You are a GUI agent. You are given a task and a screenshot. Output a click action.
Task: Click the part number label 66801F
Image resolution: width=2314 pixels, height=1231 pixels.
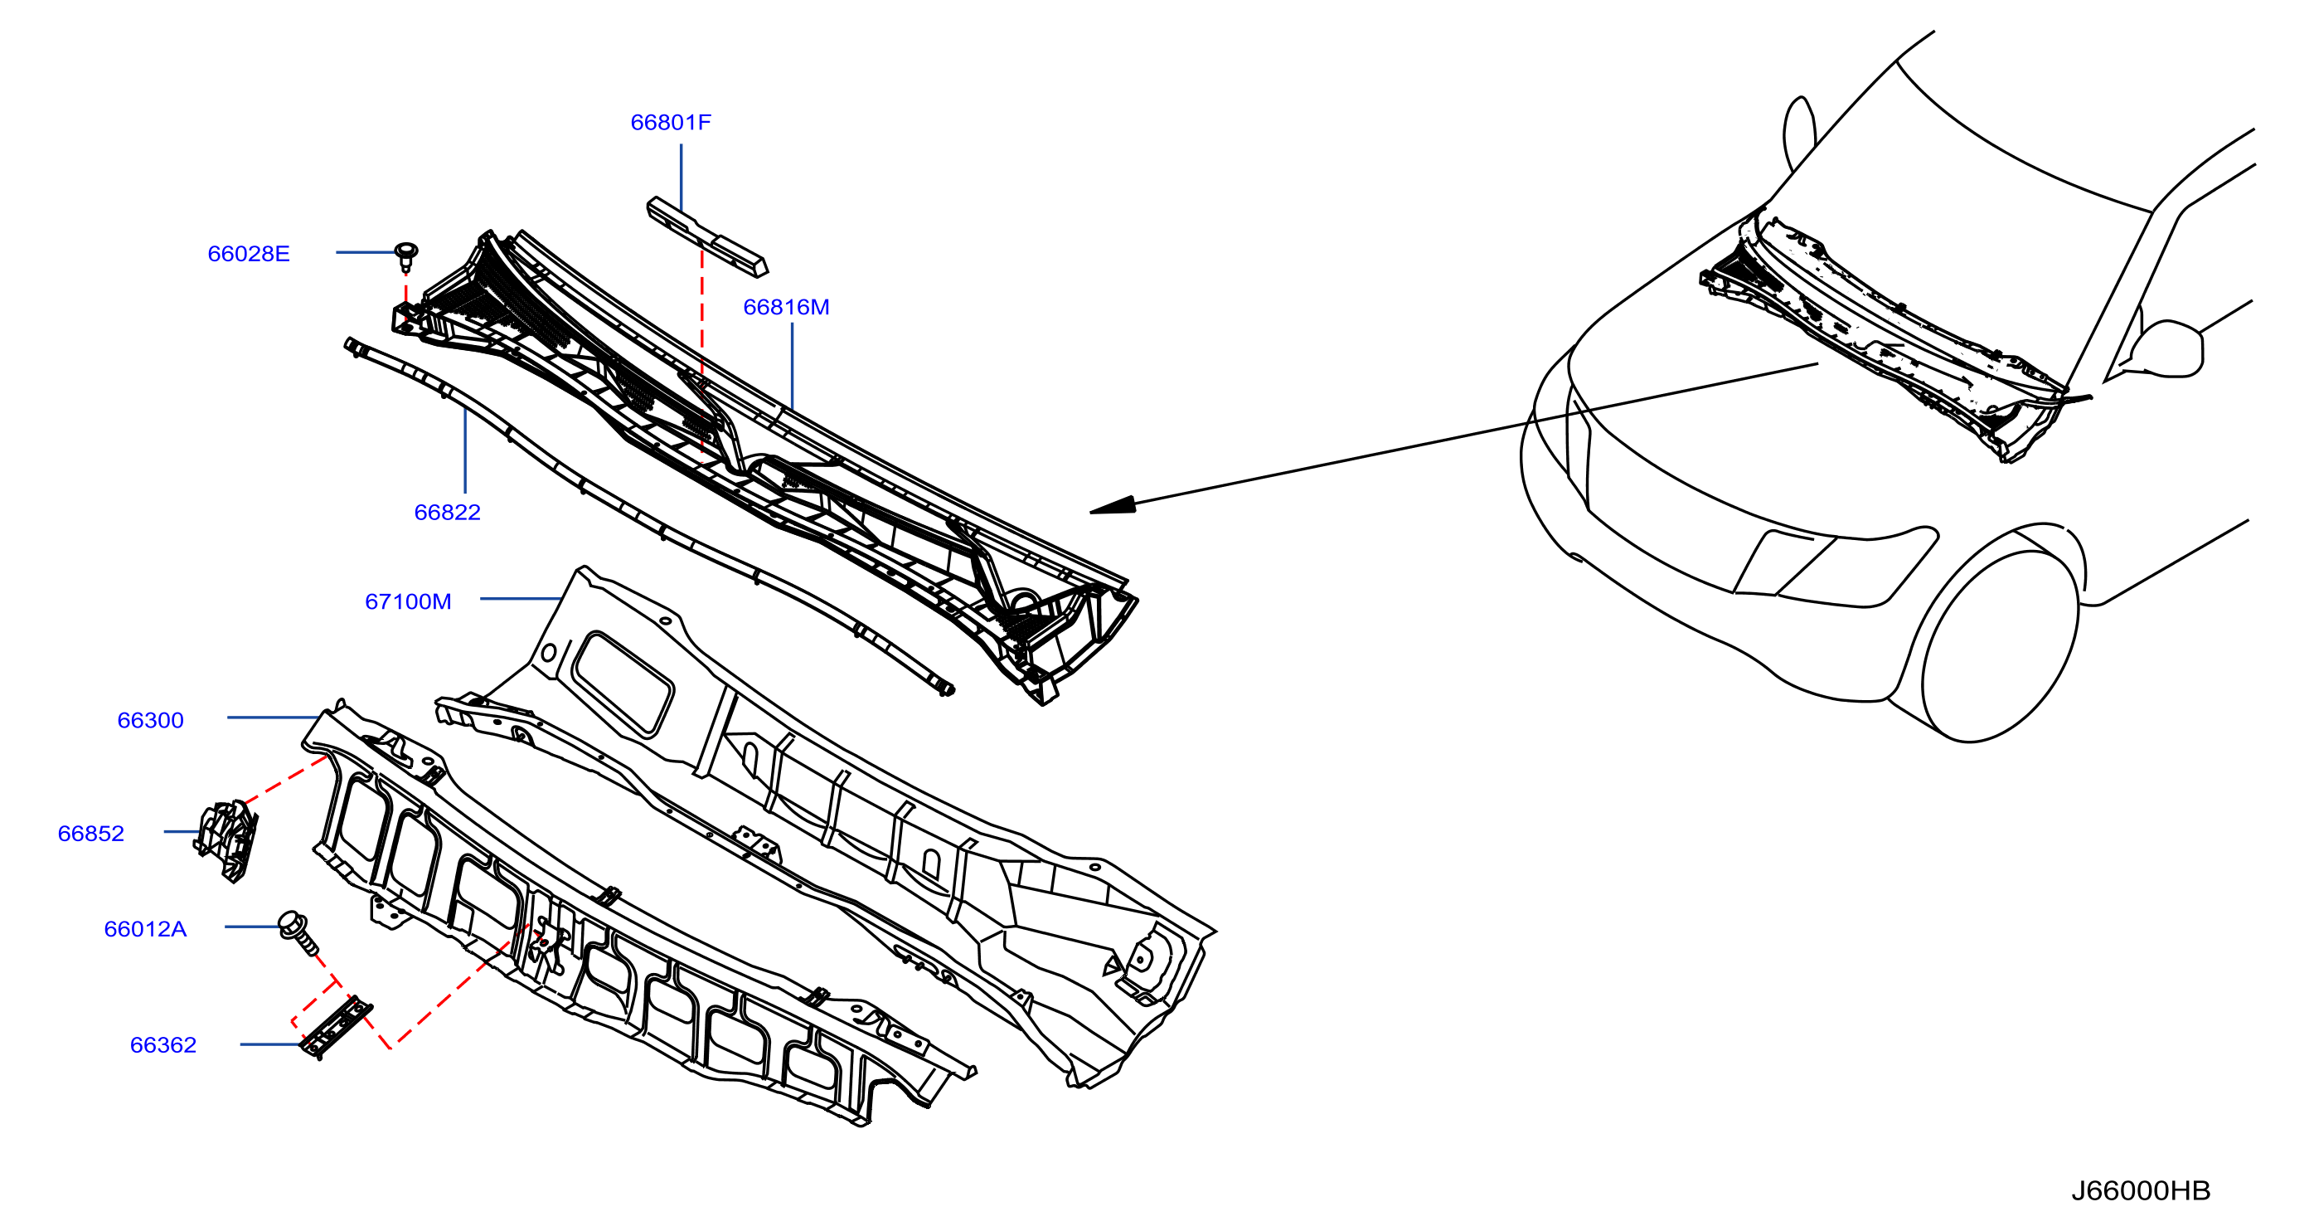click(x=670, y=122)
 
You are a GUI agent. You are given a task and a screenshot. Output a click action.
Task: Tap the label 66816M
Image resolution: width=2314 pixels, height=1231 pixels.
click(x=786, y=307)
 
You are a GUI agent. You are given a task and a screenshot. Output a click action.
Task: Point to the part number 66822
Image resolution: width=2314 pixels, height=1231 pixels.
click(x=448, y=512)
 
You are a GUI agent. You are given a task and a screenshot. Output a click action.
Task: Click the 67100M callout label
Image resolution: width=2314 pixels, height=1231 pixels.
click(x=408, y=602)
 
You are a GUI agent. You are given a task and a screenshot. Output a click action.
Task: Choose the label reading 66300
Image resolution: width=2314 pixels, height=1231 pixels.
click(x=150, y=721)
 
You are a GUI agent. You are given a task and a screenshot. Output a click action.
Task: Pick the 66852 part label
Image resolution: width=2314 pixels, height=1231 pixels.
click(x=90, y=834)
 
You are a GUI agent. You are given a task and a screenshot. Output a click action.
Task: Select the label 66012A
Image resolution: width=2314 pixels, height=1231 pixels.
click(x=146, y=929)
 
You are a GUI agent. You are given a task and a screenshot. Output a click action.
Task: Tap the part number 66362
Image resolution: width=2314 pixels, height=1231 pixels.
click(x=163, y=1045)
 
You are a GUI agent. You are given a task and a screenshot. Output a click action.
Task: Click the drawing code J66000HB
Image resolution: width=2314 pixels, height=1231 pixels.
click(x=2140, y=1190)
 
